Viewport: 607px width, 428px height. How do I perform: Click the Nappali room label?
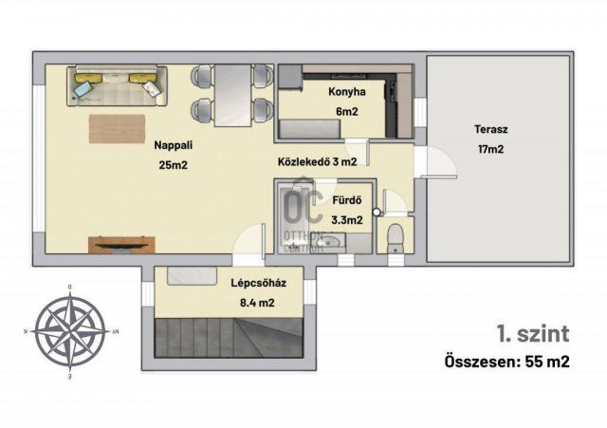pyautogui.click(x=173, y=145)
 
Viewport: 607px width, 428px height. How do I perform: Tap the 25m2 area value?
pyautogui.click(x=173, y=165)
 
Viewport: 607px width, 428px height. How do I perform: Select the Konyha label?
pyautogui.click(x=347, y=92)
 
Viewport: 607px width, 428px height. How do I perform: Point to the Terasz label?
pyautogui.click(x=491, y=129)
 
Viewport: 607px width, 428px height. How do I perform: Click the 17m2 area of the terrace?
pyautogui.click(x=491, y=150)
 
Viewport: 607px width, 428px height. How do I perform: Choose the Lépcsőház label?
pyautogui.click(x=259, y=283)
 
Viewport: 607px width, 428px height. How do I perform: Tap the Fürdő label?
pyautogui.click(x=347, y=200)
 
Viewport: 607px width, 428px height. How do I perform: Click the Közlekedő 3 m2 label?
pyautogui.click(x=318, y=162)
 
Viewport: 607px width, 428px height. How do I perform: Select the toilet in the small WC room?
pyautogui.click(x=395, y=238)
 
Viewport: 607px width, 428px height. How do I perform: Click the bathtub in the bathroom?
pyautogui.click(x=295, y=219)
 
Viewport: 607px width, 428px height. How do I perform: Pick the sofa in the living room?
pyautogui.click(x=117, y=85)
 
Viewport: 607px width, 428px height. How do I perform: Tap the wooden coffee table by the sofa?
pyautogui.click(x=117, y=129)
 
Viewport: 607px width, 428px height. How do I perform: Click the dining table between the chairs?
pyautogui.click(x=233, y=95)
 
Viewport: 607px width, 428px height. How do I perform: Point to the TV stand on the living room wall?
pyautogui.click(x=121, y=245)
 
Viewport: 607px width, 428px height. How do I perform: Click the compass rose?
pyautogui.click(x=70, y=331)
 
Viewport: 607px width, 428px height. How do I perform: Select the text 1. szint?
pyautogui.click(x=533, y=333)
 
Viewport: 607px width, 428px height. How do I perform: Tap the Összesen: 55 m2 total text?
pyautogui.click(x=507, y=363)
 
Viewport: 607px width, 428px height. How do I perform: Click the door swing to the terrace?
pyautogui.click(x=441, y=162)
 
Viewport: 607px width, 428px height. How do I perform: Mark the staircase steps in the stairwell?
pyautogui.click(x=229, y=337)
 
